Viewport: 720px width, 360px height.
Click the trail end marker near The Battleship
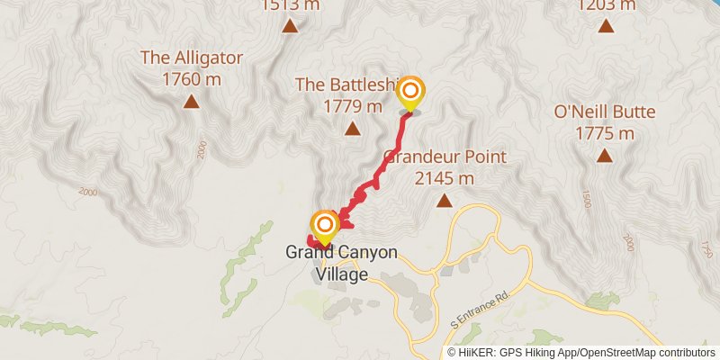click(x=411, y=93)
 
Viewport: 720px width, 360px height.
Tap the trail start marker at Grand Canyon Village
click(x=324, y=225)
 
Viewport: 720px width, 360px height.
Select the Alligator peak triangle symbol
click(x=191, y=102)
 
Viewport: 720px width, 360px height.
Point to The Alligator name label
click(x=192, y=58)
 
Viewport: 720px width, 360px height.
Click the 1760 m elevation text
click(x=192, y=79)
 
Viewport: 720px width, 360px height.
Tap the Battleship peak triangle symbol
click(x=351, y=129)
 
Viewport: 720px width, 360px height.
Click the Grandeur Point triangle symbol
click(x=444, y=201)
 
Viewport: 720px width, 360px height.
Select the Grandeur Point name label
click(x=445, y=157)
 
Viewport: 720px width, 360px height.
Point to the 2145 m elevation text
click(x=445, y=178)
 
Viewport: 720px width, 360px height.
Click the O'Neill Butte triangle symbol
click(x=604, y=156)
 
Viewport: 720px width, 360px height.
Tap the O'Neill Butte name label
click(x=604, y=112)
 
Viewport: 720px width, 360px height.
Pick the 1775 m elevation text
click(x=604, y=133)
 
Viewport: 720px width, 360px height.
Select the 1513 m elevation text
click(x=290, y=5)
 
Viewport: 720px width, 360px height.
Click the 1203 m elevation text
click(x=606, y=5)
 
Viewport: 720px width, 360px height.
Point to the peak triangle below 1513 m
click(x=290, y=26)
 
